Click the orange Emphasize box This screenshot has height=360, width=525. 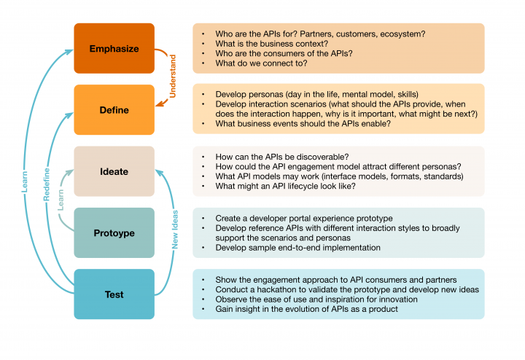pos(114,48)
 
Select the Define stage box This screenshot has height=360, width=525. pos(114,110)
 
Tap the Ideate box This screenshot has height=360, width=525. pos(114,172)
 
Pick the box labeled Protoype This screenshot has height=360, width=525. pos(114,233)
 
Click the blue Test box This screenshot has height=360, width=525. pos(114,294)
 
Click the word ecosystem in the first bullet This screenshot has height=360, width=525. pos(400,34)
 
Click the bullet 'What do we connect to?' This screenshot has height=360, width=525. pos(261,63)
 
